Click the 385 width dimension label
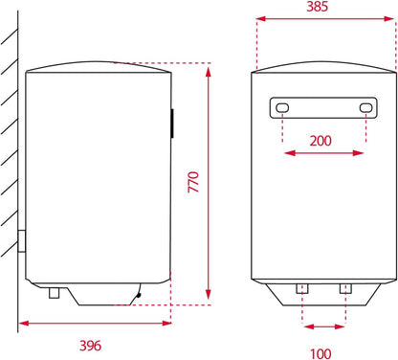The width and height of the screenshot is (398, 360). click(317, 7)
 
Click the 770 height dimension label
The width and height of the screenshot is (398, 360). click(193, 182)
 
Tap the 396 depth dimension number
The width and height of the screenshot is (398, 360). click(90, 346)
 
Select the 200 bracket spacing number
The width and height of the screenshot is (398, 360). click(321, 141)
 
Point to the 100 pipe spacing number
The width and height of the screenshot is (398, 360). click(321, 353)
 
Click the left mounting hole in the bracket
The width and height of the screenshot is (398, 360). click(282, 107)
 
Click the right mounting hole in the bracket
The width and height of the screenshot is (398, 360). click(365, 107)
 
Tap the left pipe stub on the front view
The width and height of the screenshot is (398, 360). click(302, 288)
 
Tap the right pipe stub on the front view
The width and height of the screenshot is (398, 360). click(345, 288)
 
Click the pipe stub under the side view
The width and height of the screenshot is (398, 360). click(55, 293)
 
